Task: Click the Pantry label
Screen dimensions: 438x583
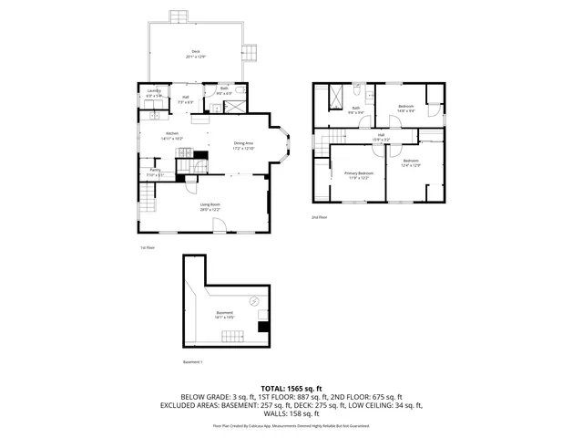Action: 154,172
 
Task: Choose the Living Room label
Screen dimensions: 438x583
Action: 210,204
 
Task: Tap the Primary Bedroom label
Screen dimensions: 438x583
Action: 358,173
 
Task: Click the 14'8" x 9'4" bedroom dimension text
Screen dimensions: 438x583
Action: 406,111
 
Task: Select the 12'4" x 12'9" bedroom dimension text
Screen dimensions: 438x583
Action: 410,165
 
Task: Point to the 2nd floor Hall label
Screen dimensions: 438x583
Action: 381,135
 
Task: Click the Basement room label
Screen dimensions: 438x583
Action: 224,313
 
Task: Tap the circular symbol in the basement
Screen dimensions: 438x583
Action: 254,300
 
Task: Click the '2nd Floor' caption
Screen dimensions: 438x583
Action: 319,217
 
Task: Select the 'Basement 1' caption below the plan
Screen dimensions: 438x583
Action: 192,362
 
